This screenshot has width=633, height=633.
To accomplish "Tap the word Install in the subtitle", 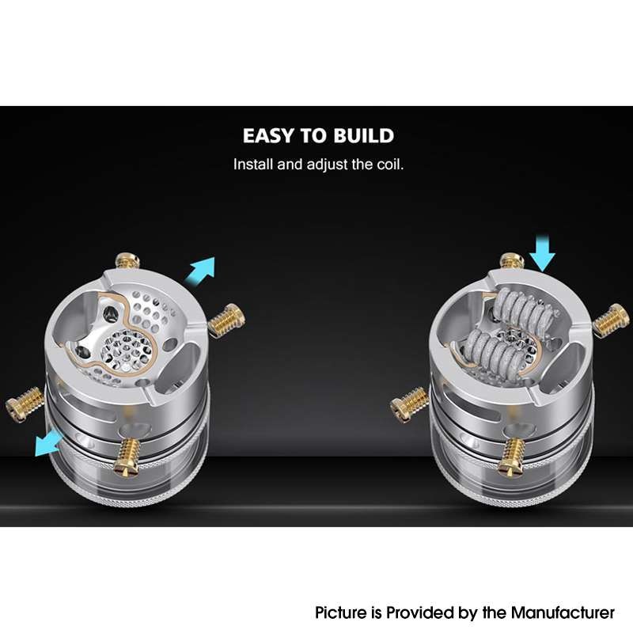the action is pyautogui.click(x=253, y=165).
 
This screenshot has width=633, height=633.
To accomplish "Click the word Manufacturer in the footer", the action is pyautogui.click(x=563, y=612).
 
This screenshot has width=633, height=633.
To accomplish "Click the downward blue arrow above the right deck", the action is pyautogui.click(x=542, y=252).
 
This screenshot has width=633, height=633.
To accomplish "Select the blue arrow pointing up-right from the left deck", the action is pyautogui.click(x=200, y=269).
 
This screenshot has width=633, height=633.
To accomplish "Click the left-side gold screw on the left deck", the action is pyautogui.click(x=25, y=404).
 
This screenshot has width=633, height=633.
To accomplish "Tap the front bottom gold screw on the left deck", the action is pyautogui.click(x=127, y=457).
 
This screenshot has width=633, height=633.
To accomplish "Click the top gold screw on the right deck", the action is pyautogui.click(x=512, y=260).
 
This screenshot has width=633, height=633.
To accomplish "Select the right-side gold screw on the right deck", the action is pyautogui.click(x=611, y=318).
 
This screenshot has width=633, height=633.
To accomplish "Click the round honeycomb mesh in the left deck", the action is pyautogui.click(x=128, y=348).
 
